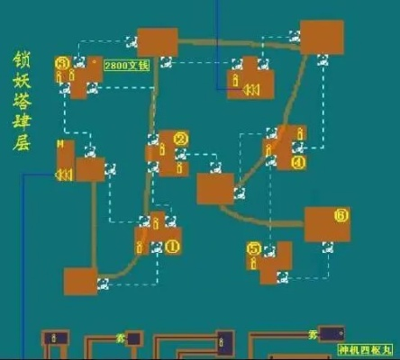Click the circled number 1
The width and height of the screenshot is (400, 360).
tap(172, 244)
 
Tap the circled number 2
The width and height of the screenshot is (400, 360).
tap(180, 139)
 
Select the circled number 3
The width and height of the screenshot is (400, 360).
tap(61, 63)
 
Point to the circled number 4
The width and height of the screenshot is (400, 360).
tap(297, 162)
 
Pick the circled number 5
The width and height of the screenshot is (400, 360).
tap(254, 247)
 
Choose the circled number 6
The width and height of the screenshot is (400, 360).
tap(340, 215)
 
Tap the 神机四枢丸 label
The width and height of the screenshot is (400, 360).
tap(367, 349)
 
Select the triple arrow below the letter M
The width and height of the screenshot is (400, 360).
tap(64, 175)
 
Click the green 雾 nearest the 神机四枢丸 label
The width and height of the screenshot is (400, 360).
tap(313, 335)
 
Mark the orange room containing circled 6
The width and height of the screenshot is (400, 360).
tap(327, 224)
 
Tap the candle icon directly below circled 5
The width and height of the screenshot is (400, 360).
tap(254, 263)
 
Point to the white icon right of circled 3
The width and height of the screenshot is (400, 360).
tap(79, 62)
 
